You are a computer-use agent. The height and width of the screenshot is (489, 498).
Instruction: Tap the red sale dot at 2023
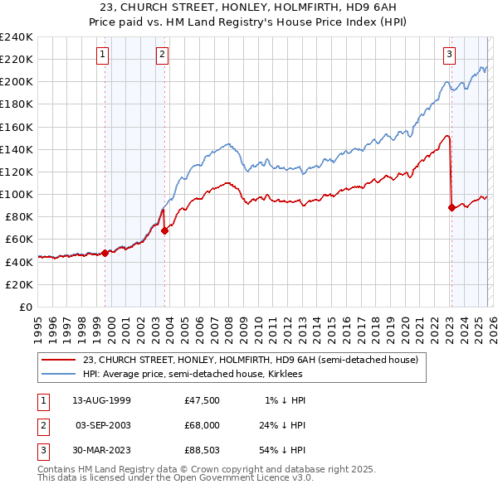pos(452,208)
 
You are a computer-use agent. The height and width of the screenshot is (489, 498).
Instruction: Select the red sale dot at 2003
pos(164,231)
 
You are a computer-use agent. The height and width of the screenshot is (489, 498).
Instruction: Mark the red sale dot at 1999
pos(105,254)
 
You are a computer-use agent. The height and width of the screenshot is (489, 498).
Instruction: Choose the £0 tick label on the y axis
pos(25,307)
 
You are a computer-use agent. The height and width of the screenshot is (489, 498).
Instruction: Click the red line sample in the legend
pos(59,360)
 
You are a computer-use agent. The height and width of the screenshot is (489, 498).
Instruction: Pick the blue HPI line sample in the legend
pos(59,374)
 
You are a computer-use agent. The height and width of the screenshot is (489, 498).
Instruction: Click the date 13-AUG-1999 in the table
pos(102,400)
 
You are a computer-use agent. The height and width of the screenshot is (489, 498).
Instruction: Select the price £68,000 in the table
pos(202,424)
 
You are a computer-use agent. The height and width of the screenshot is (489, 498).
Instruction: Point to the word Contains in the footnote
pos(57,469)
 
